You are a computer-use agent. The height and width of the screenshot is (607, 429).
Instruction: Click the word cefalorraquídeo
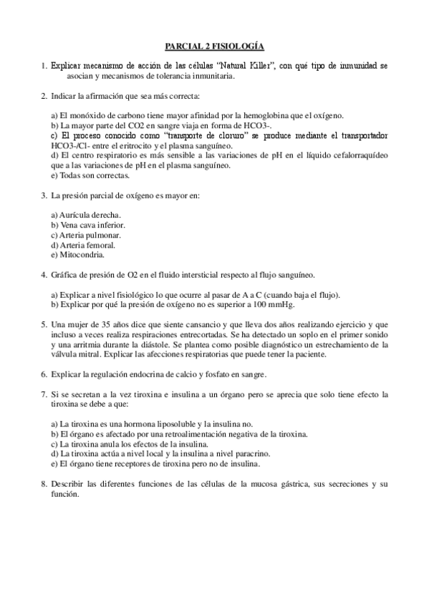tap(358, 155)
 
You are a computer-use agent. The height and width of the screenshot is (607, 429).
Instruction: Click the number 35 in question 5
tap(113, 324)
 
